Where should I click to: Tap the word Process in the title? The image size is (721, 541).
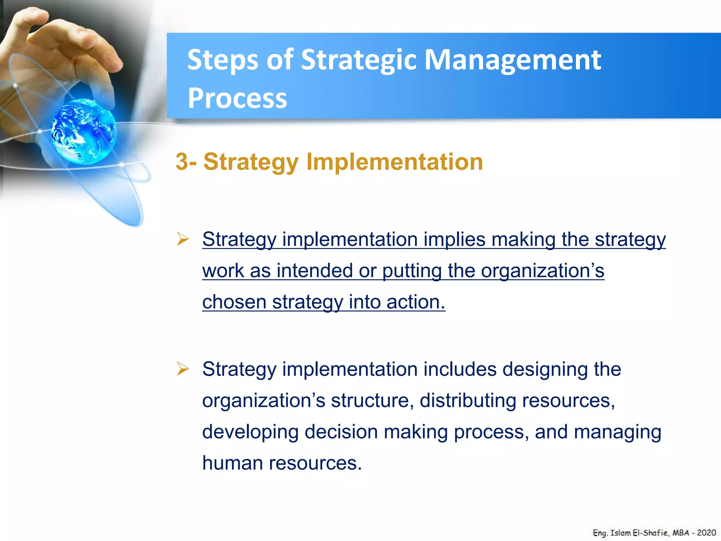tap(237, 98)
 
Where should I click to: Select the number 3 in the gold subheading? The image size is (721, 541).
tap(182, 162)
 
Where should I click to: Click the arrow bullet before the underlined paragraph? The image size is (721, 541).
tap(183, 239)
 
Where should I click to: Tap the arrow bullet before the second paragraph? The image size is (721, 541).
tap(183, 369)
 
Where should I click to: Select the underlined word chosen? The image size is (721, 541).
tap(234, 302)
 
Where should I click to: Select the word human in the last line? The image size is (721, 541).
tap(232, 463)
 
